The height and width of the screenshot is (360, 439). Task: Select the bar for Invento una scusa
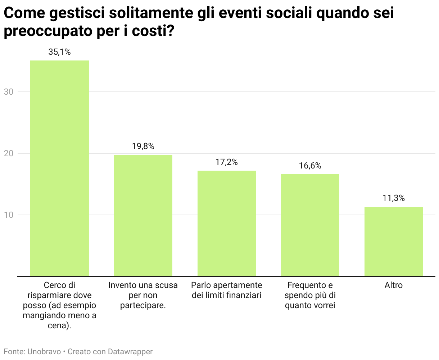[143, 216]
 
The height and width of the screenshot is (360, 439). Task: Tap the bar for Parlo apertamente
[227, 224]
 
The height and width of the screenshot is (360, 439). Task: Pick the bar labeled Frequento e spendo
[310, 225]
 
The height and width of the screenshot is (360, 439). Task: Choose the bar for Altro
[394, 242]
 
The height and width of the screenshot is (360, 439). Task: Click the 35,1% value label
[59, 52]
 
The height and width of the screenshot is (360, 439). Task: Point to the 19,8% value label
[143, 147]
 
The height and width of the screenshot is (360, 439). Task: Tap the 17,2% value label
[227, 162]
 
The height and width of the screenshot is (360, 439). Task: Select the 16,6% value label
[310, 166]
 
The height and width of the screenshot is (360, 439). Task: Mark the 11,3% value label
[394, 198]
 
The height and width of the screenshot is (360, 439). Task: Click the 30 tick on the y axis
[9, 92]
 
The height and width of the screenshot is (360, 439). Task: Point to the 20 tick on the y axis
[9, 154]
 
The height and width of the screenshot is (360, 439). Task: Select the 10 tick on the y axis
[9, 215]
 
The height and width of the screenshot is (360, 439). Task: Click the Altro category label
[394, 285]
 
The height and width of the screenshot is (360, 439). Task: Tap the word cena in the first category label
[58, 326]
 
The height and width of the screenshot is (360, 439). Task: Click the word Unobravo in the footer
[44, 352]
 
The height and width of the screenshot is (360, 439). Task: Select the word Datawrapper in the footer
[130, 352]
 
